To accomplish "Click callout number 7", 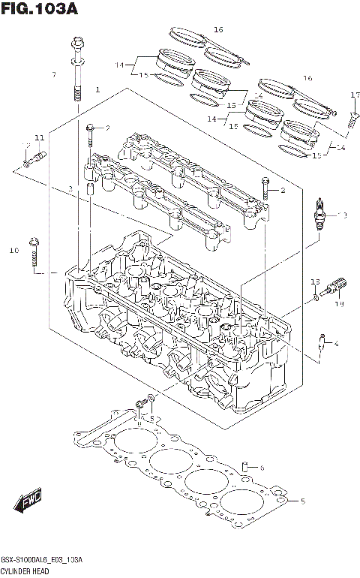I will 53,75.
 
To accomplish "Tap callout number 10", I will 13,250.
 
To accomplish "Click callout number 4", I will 336,345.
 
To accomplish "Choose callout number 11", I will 39,137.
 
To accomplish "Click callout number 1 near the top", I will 97,90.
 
